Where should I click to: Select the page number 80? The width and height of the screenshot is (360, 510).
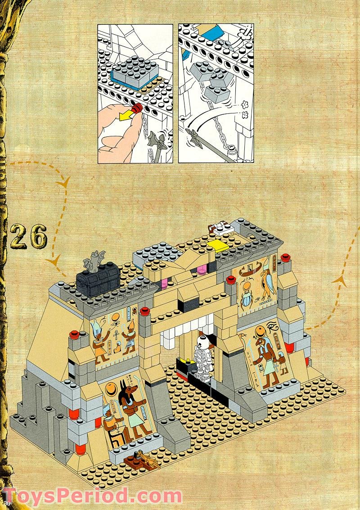pyautogui.click(x=5, y=502)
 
